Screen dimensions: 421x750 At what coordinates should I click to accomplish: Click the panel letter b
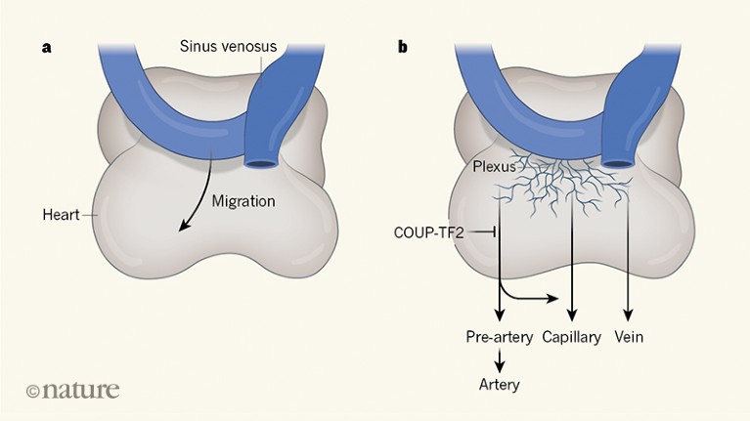click(403, 47)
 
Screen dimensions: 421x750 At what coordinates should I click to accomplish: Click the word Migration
click(244, 202)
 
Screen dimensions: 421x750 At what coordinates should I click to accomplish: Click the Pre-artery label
click(499, 337)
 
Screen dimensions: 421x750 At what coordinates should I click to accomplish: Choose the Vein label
click(629, 337)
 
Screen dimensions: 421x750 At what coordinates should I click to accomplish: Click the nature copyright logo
click(72, 390)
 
